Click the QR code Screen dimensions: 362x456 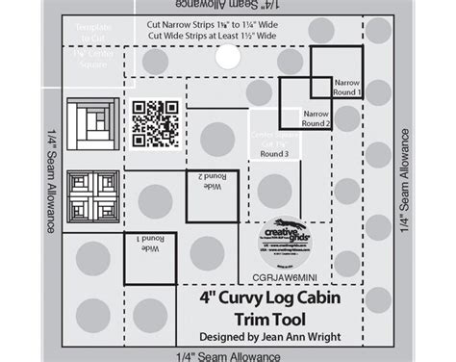pyautogui.click(x=152, y=124)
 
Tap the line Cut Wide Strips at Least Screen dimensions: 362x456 pyautogui.click(x=202, y=37)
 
